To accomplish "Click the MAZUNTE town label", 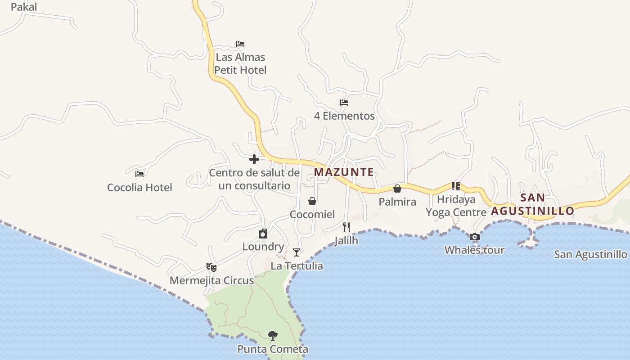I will pyautogui.click(x=344, y=172).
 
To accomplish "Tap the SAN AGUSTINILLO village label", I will pyautogui.click(x=533, y=204).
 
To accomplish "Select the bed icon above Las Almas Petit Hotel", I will pyautogui.click(x=240, y=44).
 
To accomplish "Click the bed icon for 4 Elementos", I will pyautogui.click(x=344, y=103).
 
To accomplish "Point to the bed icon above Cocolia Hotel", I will pyautogui.click(x=139, y=174).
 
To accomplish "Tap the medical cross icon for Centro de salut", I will pyautogui.click(x=254, y=159).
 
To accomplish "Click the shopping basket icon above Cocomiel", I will pyautogui.click(x=312, y=201).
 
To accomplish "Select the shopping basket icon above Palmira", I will pyautogui.click(x=397, y=189).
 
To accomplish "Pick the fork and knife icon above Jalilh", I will pyautogui.click(x=346, y=227).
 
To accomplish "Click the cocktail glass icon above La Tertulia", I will pyautogui.click(x=297, y=252).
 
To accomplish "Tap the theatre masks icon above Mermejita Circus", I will pyautogui.click(x=211, y=267).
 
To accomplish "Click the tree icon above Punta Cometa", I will pyautogui.click(x=272, y=335).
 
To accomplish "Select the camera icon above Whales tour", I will pyautogui.click(x=474, y=237).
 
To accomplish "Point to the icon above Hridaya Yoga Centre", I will pyautogui.click(x=456, y=186).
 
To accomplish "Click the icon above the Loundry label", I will pyautogui.click(x=263, y=234).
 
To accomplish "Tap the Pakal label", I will pyautogui.click(x=23, y=7).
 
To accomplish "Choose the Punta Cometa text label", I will pyautogui.click(x=273, y=349).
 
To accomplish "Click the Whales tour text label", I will pyautogui.click(x=474, y=250).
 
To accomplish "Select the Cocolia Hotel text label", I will pyautogui.click(x=139, y=187).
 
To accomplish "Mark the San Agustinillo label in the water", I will pyautogui.click(x=590, y=255).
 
